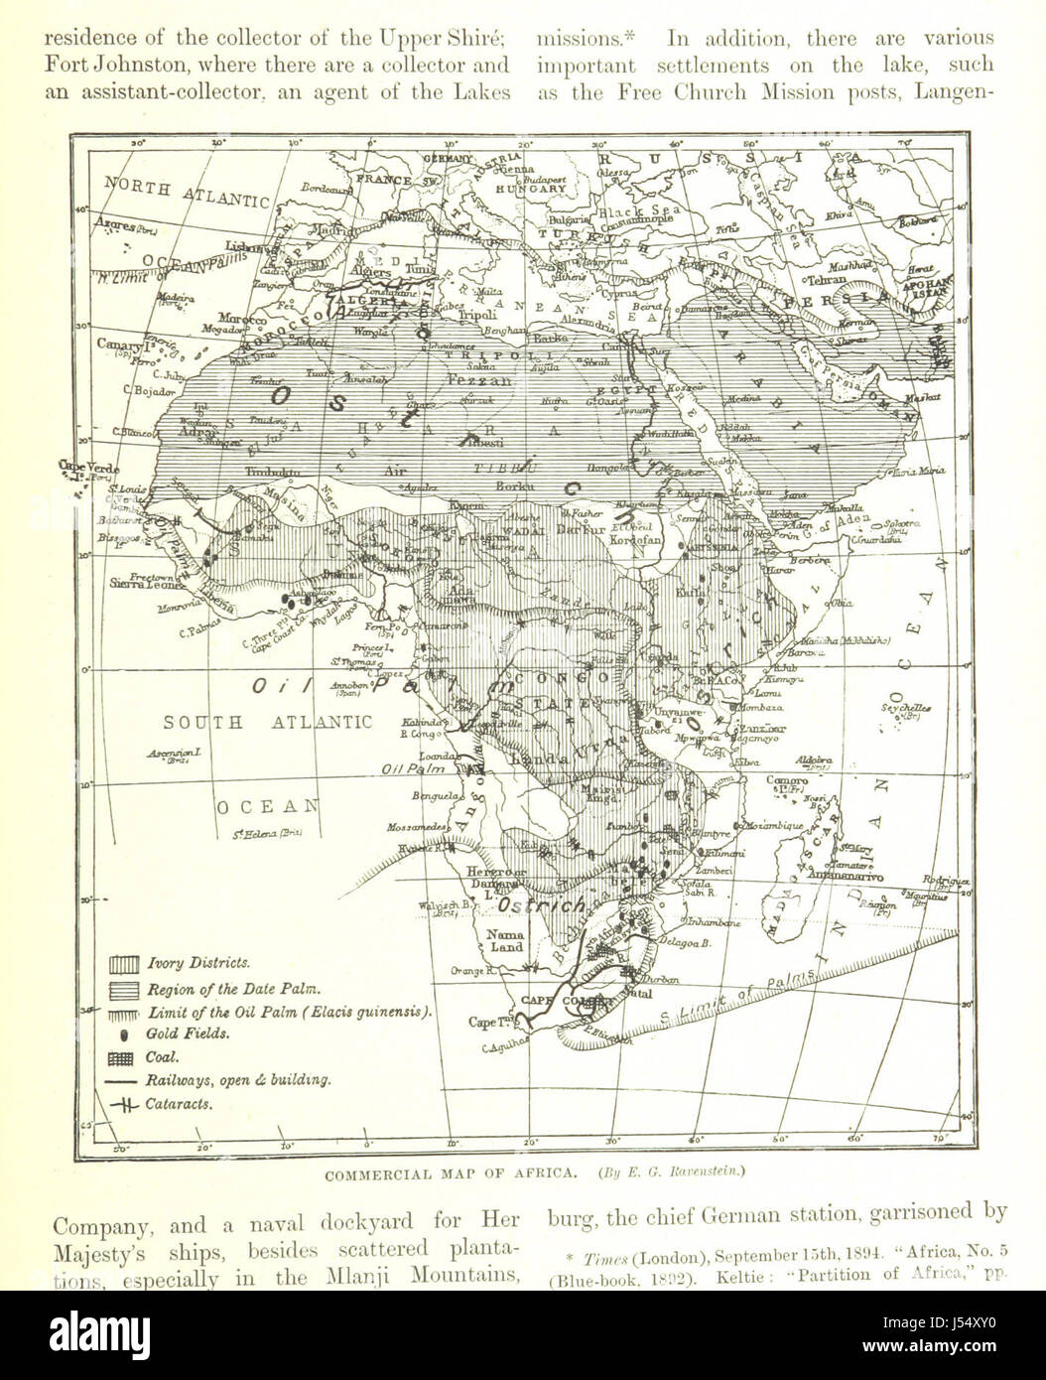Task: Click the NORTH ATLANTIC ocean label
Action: [189, 192]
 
